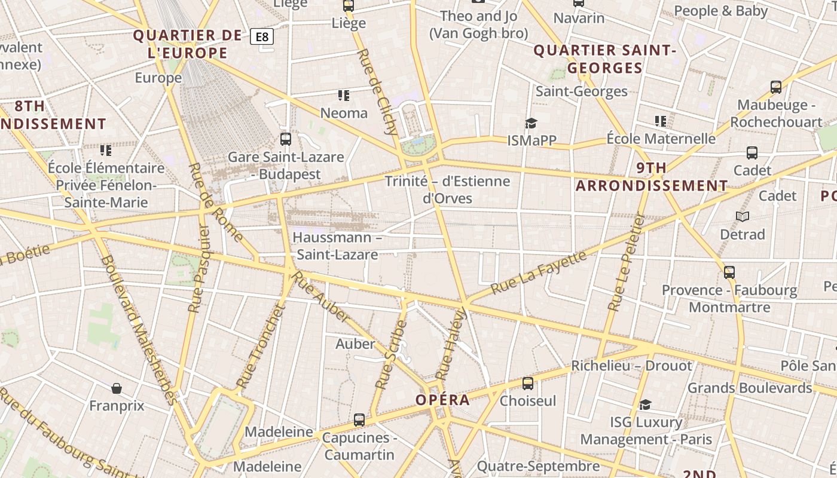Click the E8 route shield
pos(262,37)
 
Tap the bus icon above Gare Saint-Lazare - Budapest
pos(286,139)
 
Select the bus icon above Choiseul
pos(528,383)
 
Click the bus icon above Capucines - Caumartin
pos(359,419)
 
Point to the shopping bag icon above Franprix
pos(117,388)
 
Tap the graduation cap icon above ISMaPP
pos(531,123)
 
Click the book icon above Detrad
pos(743,216)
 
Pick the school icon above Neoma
pos(344,95)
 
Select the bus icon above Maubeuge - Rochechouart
pos(776,87)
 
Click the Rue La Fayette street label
pos(539,272)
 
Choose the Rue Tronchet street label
pos(259,346)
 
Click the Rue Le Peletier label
pos(626,263)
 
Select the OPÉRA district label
pos(443,400)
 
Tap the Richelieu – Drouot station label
pos(631,366)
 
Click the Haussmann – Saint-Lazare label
pos(337,246)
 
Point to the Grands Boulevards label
pos(750,388)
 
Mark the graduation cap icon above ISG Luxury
pos(645,405)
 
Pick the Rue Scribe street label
pos(392,355)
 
